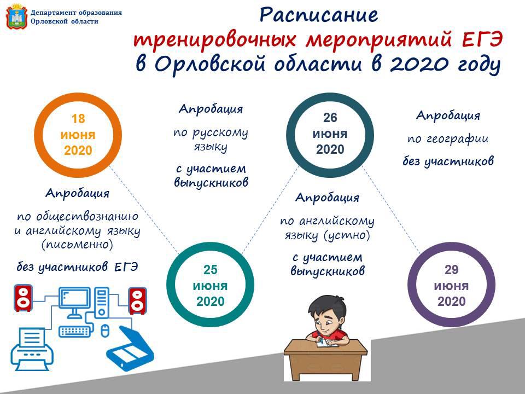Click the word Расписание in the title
pos(319,15)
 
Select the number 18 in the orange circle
pos(78,119)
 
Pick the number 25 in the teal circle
pos(210,270)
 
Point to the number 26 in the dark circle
pos(330,118)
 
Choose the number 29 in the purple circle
pos(451,270)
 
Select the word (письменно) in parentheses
pos(77,245)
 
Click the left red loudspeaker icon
pos(23,298)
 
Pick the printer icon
pos(32,349)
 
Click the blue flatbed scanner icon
pos(130,348)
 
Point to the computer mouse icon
pos(105,331)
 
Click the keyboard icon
pos(75,332)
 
